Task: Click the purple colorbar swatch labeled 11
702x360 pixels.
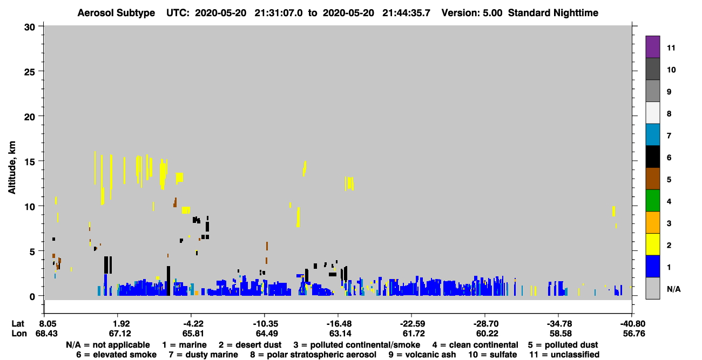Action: tap(652, 47)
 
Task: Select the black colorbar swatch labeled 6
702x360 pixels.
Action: tap(652, 157)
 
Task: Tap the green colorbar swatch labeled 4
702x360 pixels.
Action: tap(652, 201)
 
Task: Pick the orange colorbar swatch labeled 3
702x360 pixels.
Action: tap(652, 222)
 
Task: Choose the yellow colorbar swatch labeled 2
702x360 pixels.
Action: tap(652, 244)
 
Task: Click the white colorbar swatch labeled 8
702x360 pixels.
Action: tap(652, 113)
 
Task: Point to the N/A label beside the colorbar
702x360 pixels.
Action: tap(673, 289)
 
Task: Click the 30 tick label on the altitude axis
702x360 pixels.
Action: tap(30, 28)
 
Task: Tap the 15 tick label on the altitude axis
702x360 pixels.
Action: tap(30, 162)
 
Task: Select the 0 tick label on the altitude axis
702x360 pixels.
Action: tap(32, 296)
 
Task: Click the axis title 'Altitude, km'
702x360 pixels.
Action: tap(12, 168)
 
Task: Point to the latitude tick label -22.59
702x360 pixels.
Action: tap(413, 324)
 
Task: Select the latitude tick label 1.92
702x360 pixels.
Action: tap(121, 324)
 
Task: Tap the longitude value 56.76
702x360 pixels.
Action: tap(634, 334)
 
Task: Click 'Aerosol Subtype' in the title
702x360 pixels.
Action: tap(116, 13)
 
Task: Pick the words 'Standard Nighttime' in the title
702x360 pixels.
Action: tap(553, 13)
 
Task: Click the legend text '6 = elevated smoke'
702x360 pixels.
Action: tap(116, 355)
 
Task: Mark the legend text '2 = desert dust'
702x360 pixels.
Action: tap(250, 345)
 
